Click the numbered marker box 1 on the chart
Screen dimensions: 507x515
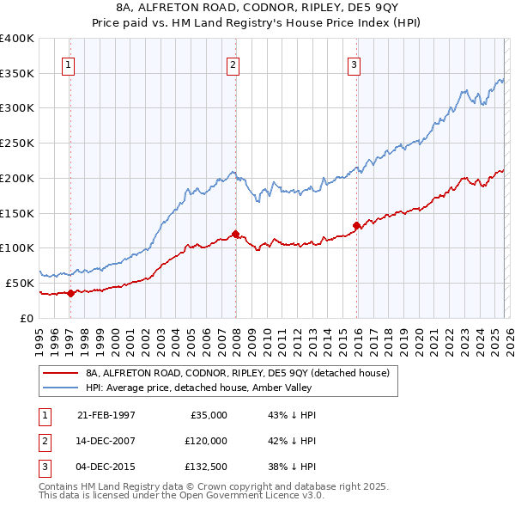click(68, 63)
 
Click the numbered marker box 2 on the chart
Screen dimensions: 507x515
click(233, 63)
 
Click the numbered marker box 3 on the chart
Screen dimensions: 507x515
click(354, 63)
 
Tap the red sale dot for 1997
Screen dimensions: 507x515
click(71, 293)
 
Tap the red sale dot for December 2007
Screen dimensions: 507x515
click(235, 234)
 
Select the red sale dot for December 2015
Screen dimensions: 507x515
click(356, 225)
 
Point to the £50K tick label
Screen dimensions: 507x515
click(20, 283)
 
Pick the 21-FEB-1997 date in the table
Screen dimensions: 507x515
click(106, 415)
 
